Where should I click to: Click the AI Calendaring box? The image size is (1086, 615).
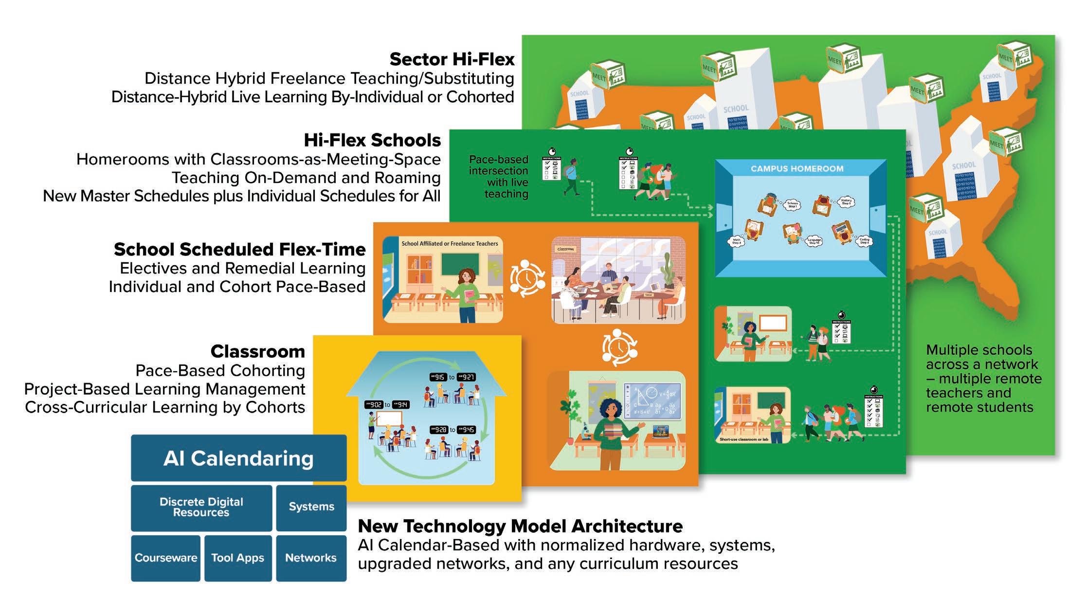[238, 458]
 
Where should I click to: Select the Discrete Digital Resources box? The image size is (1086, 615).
[201, 507]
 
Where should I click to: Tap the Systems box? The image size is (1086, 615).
[311, 507]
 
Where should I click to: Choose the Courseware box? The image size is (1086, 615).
[166, 558]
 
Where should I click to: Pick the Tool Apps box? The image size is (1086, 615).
[237, 558]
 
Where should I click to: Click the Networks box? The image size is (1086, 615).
[311, 558]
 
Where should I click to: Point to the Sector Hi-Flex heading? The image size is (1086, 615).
[452, 59]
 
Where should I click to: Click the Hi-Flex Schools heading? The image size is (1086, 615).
[372, 140]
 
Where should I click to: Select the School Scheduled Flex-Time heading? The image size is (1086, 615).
[240, 249]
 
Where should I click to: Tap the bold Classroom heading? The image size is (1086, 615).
[258, 351]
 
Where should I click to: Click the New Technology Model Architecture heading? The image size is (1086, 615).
[520, 526]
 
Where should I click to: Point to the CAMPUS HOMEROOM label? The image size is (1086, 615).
[797, 169]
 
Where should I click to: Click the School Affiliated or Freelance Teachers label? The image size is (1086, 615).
[450, 244]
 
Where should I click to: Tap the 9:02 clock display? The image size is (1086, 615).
[376, 404]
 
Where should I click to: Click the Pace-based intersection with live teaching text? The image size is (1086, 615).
[499, 177]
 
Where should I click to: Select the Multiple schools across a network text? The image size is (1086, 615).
[983, 378]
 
